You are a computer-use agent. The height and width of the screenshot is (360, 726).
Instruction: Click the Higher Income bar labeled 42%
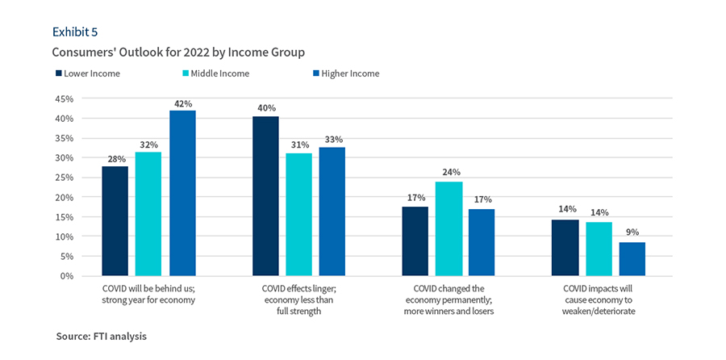pyautogui.click(x=182, y=193)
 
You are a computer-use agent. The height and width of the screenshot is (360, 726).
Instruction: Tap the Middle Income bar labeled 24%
pyautogui.click(x=449, y=228)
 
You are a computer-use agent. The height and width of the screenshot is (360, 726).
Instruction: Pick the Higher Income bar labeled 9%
pyautogui.click(x=632, y=258)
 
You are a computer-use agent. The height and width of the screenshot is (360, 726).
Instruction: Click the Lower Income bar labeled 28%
pyautogui.click(x=115, y=220)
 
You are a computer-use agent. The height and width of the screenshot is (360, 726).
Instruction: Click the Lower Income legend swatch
pyautogui.click(x=58, y=73)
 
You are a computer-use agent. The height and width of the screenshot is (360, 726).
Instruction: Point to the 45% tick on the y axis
pyautogui.click(x=63, y=98)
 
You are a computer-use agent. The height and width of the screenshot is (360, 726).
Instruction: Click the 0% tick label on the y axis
pyautogui.click(x=66, y=276)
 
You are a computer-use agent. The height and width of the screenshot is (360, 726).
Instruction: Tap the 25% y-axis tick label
pyautogui.click(x=63, y=178)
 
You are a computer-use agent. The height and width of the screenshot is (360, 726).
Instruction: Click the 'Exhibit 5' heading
pyautogui.click(x=75, y=31)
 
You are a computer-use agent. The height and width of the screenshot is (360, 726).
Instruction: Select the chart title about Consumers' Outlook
pyautogui.click(x=177, y=52)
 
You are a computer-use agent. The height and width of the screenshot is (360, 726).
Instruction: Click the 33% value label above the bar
pyautogui.click(x=332, y=139)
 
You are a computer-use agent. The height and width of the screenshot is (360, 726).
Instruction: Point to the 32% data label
pyautogui.click(x=148, y=144)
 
